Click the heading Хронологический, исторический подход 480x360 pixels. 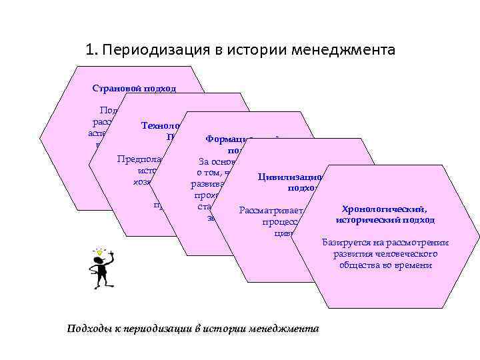tap(386, 215)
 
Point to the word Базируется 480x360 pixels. tap(343, 243)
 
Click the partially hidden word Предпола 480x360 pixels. tap(137, 159)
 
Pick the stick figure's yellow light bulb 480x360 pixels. tap(103, 251)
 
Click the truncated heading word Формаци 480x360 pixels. tap(226, 139)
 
